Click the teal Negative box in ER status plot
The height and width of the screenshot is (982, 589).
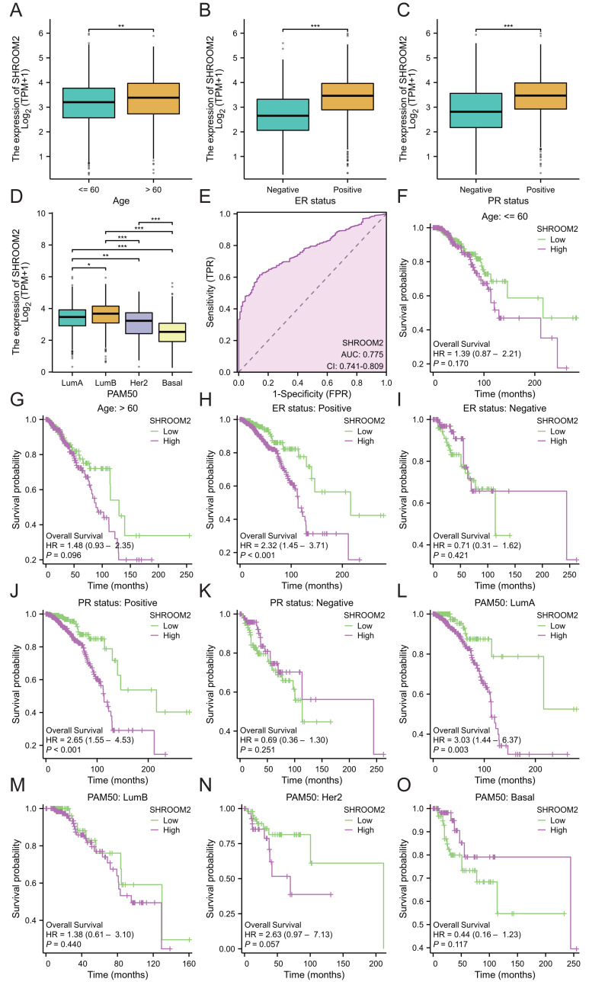pyautogui.click(x=288, y=114)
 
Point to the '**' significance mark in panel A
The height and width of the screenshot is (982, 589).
pyautogui.click(x=120, y=25)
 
